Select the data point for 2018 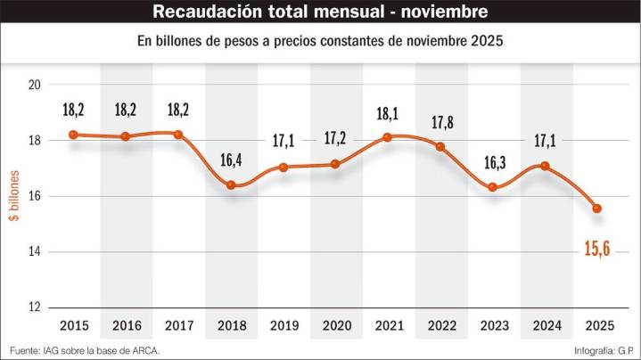pos(230,185)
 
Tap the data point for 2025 pos(596,209)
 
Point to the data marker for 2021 pos(387,137)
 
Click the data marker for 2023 pos(492,187)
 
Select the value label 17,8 pos(440,122)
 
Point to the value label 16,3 pos(492,163)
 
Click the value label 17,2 pos(335,139)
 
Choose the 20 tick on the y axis pos(35,85)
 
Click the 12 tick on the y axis pos(35,307)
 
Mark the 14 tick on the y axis pos(35,252)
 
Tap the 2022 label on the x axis pos(440,326)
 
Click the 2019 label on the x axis pos(283,326)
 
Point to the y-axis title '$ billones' pos(14,196)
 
